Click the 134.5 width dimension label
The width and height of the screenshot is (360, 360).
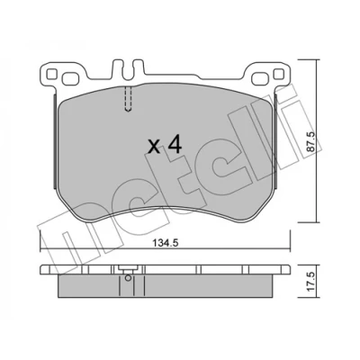click(x=166, y=243)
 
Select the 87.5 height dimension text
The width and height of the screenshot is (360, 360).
click(x=311, y=142)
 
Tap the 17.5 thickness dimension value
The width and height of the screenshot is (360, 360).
click(x=311, y=281)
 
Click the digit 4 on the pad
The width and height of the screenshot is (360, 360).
click(x=175, y=146)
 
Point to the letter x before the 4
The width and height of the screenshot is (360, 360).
click(x=155, y=148)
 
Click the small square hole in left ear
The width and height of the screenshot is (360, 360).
click(x=52, y=74)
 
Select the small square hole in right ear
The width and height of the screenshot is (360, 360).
click(x=279, y=74)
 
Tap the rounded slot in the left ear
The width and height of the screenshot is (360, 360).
click(x=71, y=79)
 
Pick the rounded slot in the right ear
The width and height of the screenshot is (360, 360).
click(x=261, y=79)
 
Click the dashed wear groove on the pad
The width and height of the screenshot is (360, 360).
click(x=128, y=99)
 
